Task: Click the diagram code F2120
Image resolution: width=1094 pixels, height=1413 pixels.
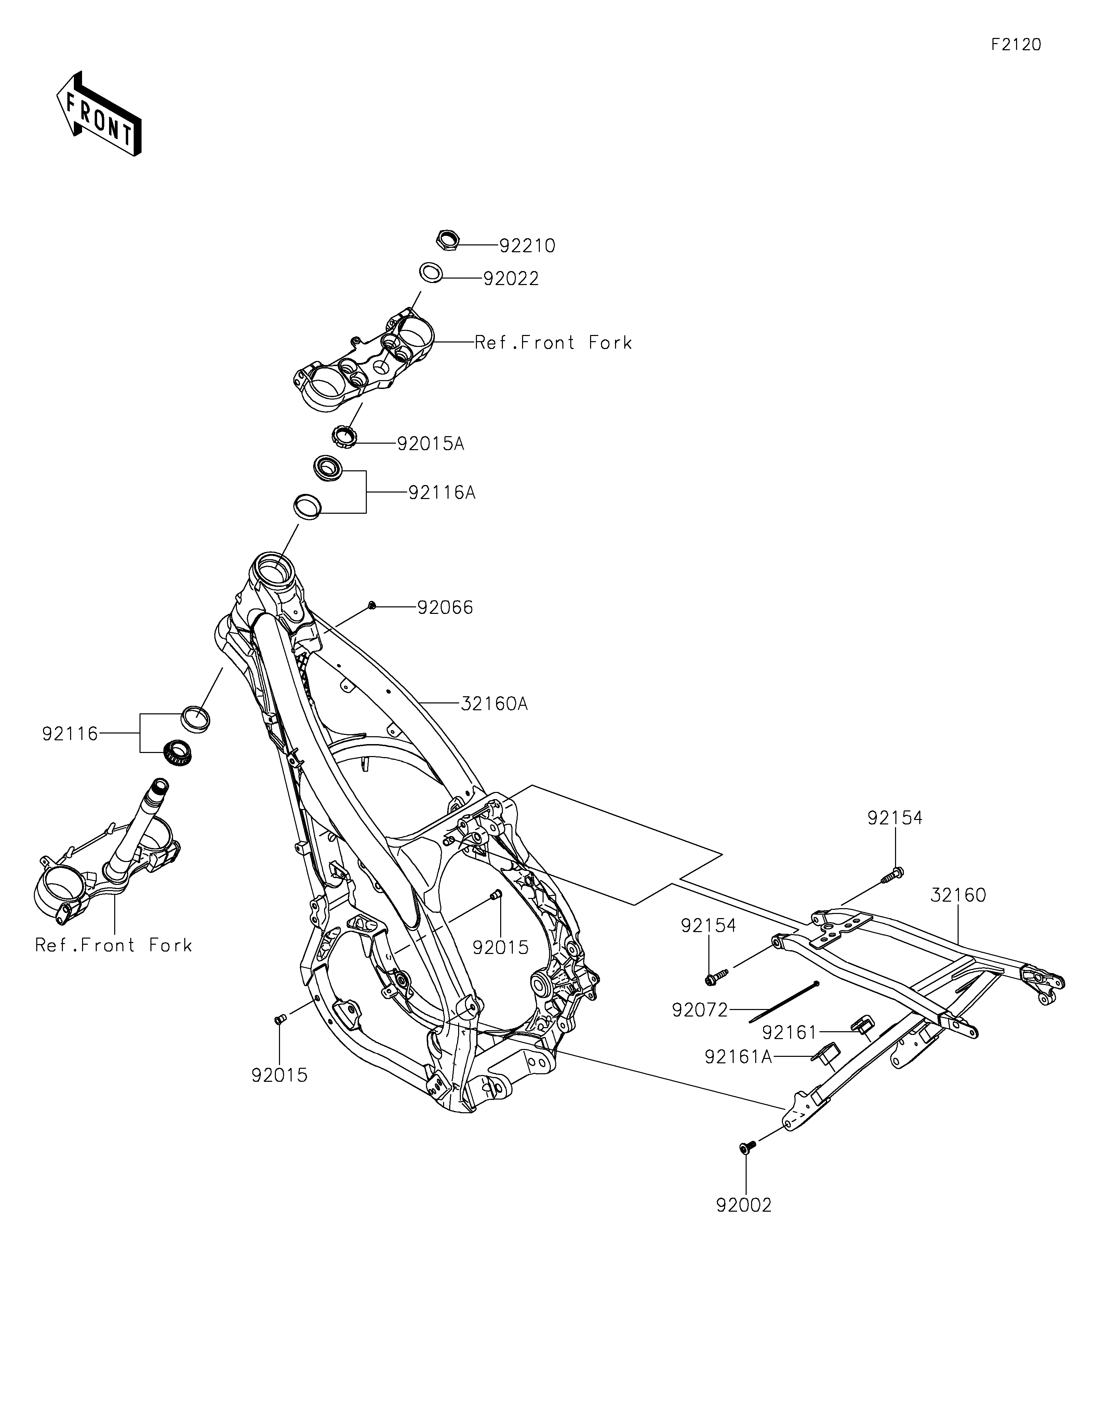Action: (x=1016, y=45)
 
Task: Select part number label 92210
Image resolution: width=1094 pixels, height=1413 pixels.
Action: (x=527, y=246)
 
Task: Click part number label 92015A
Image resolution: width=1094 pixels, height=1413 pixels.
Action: (x=431, y=444)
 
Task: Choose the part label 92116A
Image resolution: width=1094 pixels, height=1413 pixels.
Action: (x=442, y=493)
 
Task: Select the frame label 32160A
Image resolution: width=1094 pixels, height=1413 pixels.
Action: (x=494, y=703)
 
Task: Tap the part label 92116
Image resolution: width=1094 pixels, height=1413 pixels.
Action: (x=70, y=734)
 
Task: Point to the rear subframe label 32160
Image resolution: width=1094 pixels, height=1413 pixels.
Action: (x=958, y=896)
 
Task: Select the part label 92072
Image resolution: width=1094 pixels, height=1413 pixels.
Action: (x=700, y=1010)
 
